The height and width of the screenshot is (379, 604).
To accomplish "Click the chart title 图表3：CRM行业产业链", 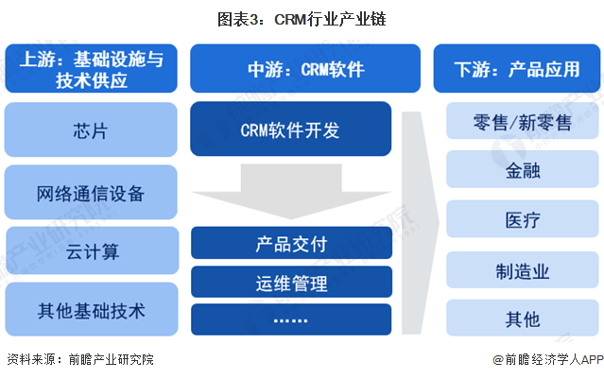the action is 302,19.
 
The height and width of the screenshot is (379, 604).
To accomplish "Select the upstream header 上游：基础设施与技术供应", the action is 92,69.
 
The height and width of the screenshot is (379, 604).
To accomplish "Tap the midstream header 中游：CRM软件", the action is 305,69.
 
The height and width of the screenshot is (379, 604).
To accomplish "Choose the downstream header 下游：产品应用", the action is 516,69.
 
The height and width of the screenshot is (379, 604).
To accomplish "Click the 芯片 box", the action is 91,129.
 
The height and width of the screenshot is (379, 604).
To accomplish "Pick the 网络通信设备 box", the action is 91,192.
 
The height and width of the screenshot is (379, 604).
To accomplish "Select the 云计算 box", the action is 93,250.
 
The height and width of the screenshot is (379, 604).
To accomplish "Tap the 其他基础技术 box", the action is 92,309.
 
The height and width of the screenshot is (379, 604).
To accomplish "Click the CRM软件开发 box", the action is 291,129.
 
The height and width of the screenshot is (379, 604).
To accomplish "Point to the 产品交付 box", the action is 291,243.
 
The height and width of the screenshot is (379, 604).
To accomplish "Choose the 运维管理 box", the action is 291,282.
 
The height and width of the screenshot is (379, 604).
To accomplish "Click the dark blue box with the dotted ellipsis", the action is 291,319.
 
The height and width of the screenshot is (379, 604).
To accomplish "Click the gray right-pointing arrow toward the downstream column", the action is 420,223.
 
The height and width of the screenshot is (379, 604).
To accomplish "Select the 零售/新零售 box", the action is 523,121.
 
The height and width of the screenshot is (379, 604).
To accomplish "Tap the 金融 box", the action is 523,169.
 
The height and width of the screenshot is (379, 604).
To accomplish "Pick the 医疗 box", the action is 523,218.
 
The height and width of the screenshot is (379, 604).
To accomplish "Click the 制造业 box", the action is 523,269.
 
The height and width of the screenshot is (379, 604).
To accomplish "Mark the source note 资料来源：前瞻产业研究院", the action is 80,359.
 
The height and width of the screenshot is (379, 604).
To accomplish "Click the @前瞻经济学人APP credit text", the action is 548,360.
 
